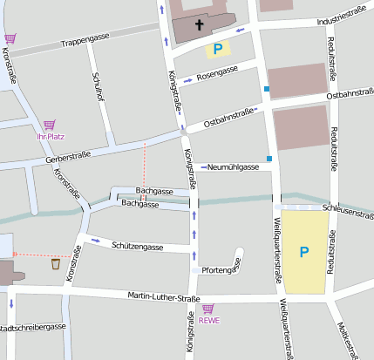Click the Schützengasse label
pyautogui.click(x=138, y=247)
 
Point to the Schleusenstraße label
pyautogui.click(x=347, y=210)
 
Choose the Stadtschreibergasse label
pyautogui.click(x=33, y=327)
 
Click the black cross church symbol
pyautogui.click(x=200, y=25)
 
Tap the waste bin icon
pyautogui.click(x=56, y=263)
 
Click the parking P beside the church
pyautogui.click(x=218, y=50)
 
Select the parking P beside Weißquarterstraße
pyautogui.click(x=304, y=252)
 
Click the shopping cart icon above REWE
pyautogui.click(x=207, y=309)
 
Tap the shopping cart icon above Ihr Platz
pyautogui.click(x=49, y=126)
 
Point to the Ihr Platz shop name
pyautogui.click(x=50, y=137)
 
